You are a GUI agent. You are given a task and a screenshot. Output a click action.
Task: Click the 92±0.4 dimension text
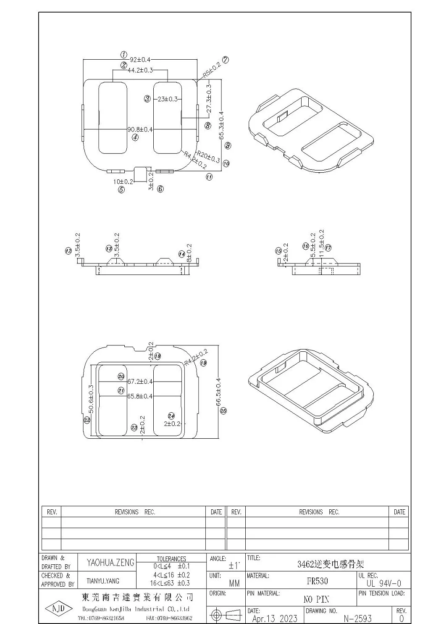pos(140,59)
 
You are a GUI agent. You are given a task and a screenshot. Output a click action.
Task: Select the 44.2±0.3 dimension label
pos(140,70)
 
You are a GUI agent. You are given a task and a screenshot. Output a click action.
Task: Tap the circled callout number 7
pos(226,60)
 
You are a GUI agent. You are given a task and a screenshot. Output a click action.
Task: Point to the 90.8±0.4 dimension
pos(140,129)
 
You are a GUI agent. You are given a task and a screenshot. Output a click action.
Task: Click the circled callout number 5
pos(121,190)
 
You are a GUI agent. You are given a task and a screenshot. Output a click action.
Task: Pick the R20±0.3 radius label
pos(209,157)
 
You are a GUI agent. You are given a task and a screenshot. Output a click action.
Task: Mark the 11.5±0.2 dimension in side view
pos(322,244)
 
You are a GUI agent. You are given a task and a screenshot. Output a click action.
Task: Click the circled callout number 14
pos(181,254)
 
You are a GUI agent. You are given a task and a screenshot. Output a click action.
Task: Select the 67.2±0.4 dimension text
pos(140,382)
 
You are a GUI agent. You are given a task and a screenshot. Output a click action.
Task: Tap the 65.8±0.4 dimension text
pos(140,396)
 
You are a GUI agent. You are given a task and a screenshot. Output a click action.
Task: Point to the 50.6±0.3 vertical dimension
pos(90,399)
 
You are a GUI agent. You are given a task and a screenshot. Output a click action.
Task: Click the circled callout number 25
pos(223,411)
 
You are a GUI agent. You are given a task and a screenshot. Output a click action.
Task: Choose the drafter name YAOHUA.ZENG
pos(110,563)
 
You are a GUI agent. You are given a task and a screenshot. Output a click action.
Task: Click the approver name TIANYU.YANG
pos(103,581)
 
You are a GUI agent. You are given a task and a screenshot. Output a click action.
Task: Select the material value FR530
pos(317,581)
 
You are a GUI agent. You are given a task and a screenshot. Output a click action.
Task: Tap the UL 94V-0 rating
pos(383,583)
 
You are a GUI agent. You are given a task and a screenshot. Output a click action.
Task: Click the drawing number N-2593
pos(357,618)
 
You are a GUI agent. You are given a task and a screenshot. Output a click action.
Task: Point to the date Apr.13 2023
pos(275,618)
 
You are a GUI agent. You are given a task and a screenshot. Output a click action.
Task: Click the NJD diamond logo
pos(56,610)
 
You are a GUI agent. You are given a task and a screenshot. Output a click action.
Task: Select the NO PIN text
pos(316,599)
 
